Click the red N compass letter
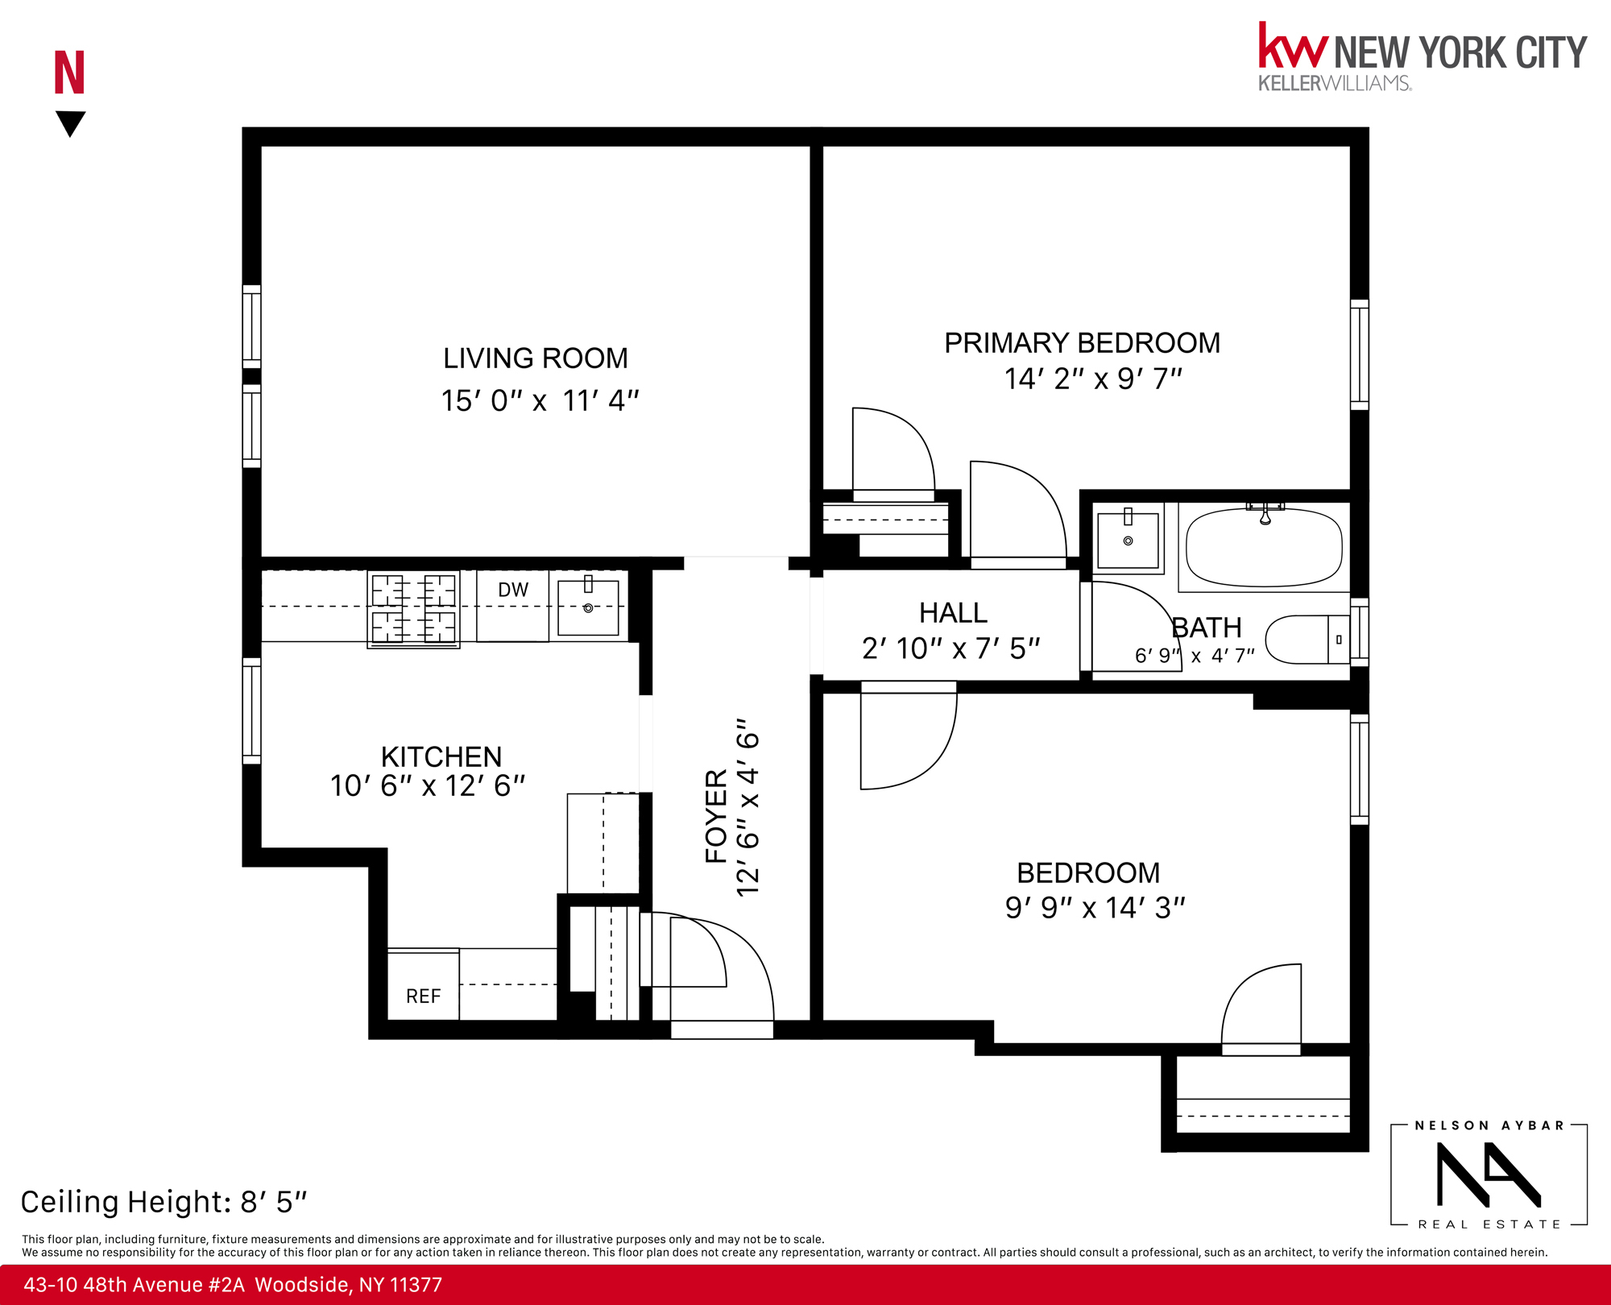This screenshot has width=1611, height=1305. click(69, 72)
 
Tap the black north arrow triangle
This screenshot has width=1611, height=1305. click(70, 122)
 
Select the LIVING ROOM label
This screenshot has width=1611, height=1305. click(535, 358)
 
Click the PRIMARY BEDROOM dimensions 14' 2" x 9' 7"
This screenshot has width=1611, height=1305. click(1092, 379)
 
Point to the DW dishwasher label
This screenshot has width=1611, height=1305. click(513, 590)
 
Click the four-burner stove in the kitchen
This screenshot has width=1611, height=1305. click(413, 609)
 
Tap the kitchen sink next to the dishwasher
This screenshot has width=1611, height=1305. click(588, 607)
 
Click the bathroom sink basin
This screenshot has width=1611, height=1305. click(1128, 540)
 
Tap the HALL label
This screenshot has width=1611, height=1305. click(953, 613)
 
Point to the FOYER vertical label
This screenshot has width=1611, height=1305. click(716, 815)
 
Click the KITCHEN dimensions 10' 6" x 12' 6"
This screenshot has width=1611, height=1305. click(427, 786)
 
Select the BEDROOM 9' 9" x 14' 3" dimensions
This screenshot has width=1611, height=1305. click(1094, 908)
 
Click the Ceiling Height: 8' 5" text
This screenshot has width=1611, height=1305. click(164, 1202)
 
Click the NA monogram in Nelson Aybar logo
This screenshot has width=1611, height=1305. click(1487, 1174)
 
